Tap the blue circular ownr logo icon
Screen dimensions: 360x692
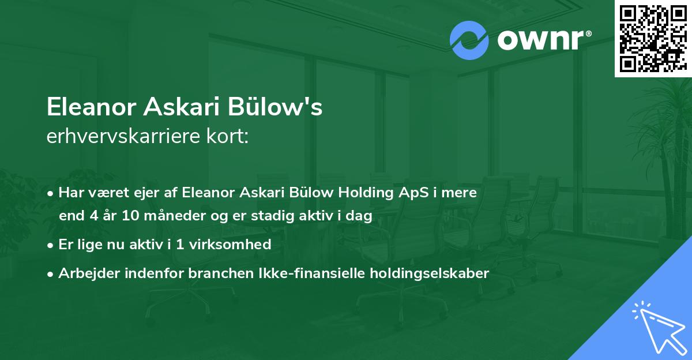coord(468,40)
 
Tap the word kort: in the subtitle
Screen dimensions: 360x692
coord(230,137)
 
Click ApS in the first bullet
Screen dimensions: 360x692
coord(383,193)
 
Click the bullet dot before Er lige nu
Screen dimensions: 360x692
coord(52,245)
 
